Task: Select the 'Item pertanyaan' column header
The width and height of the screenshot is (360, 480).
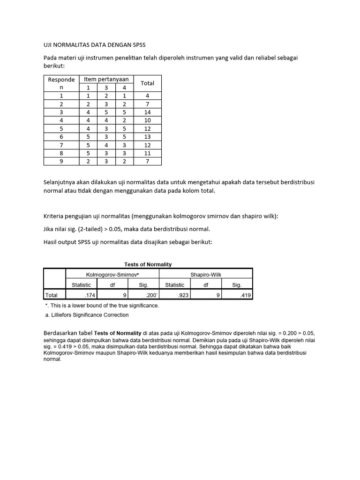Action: click(x=106, y=79)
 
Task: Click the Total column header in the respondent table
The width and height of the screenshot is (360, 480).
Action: click(x=147, y=83)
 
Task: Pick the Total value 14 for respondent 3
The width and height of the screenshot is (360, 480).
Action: click(x=147, y=112)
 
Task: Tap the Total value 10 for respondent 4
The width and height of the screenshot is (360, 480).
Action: click(x=147, y=121)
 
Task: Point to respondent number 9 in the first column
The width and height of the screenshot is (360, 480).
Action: click(x=61, y=161)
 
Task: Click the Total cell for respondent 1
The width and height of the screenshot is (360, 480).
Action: click(x=147, y=95)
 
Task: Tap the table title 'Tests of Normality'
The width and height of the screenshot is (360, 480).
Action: click(x=148, y=264)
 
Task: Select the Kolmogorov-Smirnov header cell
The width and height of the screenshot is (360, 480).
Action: click(x=112, y=273)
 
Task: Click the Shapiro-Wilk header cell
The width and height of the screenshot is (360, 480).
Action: click(x=206, y=273)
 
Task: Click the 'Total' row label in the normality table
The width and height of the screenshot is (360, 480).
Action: click(x=51, y=295)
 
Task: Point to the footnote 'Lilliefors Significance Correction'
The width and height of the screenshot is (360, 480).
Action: click(x=86, y=315)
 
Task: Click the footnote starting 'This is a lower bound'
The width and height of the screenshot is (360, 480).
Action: click(x=102, y=306)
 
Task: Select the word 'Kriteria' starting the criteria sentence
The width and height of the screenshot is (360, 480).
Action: click(x=56, y=216)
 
